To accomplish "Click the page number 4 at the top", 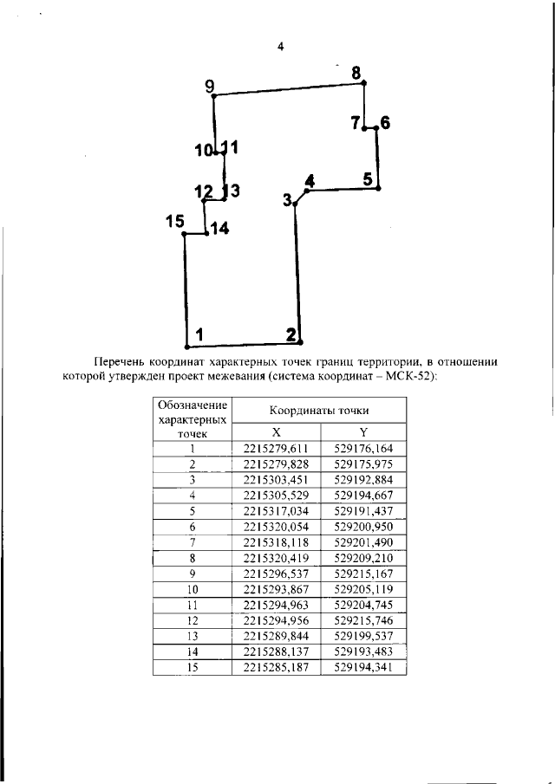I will point(280,47).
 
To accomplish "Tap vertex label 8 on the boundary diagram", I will point(356,74).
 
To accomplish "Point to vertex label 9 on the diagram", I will point(209,85).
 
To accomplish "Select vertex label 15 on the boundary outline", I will point(175,222).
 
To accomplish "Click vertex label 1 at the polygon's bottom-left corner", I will point(199,334).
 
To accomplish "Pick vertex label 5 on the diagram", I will point(368,179).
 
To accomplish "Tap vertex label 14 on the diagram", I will point(219,229).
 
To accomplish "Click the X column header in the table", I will point(276,432).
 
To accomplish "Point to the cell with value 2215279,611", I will point(277,449).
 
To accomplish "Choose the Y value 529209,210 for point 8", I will point(362,559).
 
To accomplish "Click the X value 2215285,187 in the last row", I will point(277,668).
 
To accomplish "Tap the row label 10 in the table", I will point(193,590).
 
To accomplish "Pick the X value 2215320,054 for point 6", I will point(277,527).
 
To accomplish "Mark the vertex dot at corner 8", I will point(364,83).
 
